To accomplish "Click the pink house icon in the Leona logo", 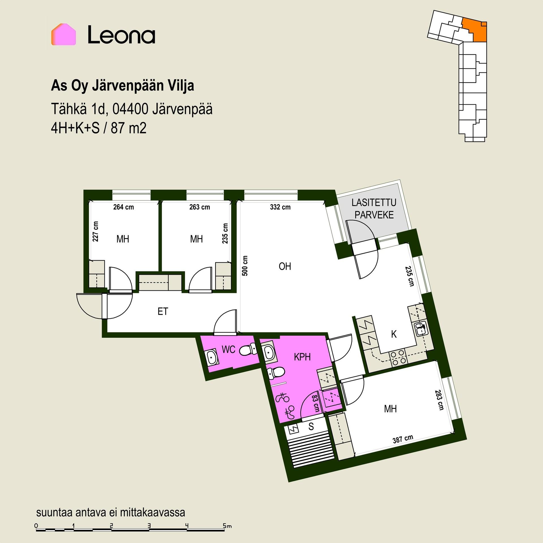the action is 63,34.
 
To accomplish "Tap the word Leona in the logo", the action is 121,35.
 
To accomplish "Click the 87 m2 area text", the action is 129,128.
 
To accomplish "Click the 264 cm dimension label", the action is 124,207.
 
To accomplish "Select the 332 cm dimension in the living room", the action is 280,207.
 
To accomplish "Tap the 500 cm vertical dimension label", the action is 245,266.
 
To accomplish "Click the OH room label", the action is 285,266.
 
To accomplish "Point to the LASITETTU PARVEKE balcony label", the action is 374,209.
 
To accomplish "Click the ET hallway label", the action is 163,311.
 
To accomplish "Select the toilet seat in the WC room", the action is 248,350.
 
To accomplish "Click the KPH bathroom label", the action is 302,357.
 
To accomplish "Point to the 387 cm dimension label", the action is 403,439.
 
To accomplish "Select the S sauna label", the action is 311,426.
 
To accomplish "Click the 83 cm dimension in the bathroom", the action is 315,404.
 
